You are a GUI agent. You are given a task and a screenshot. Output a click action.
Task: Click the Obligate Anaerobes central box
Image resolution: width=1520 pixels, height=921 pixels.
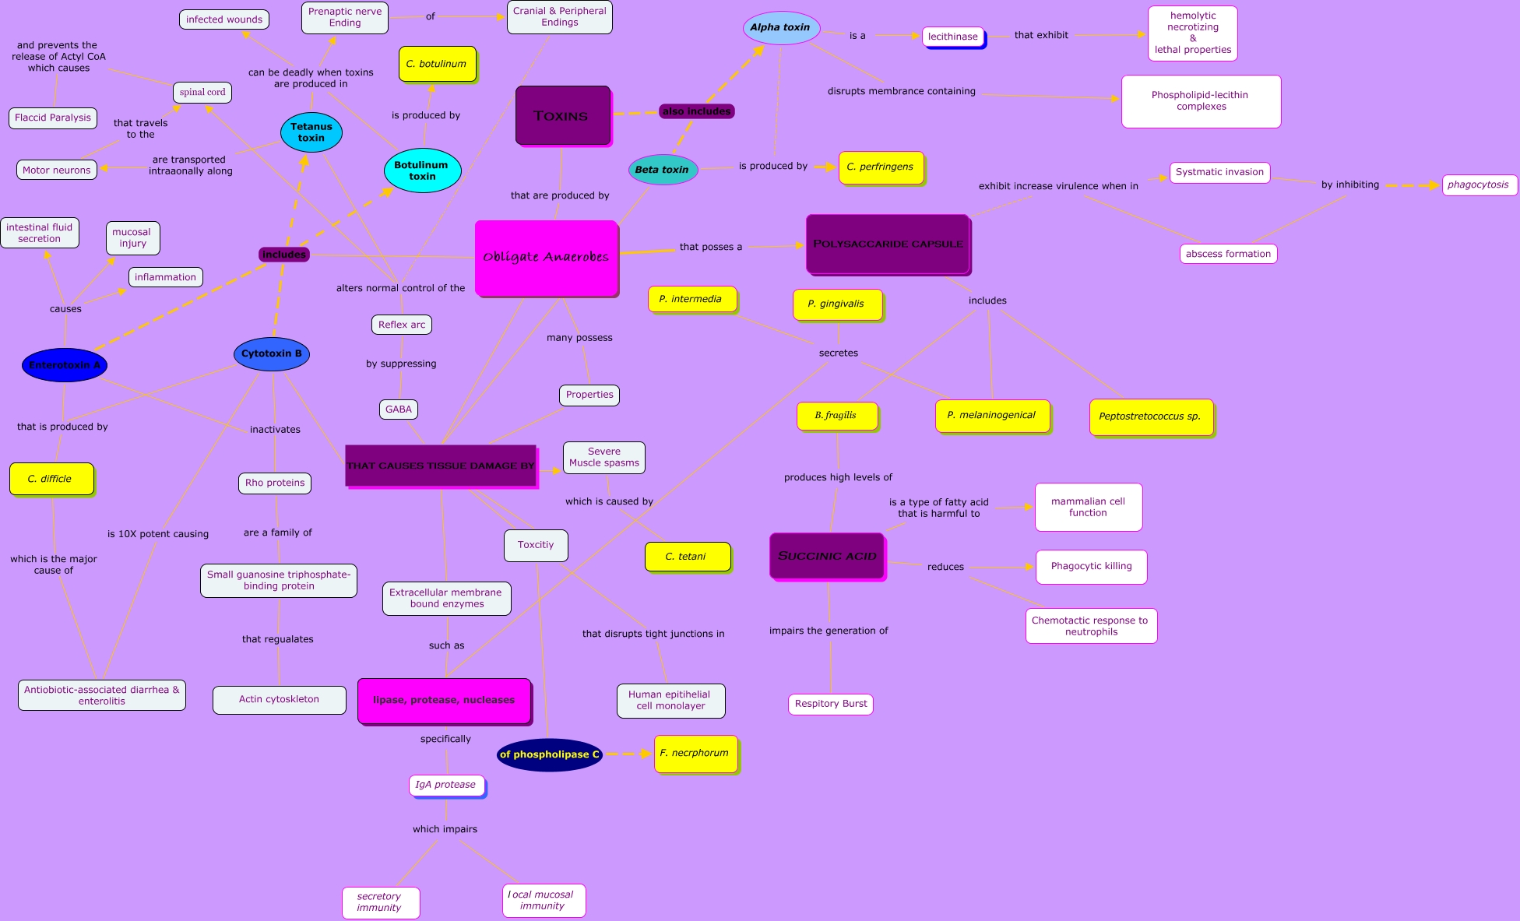[x=546, y=258]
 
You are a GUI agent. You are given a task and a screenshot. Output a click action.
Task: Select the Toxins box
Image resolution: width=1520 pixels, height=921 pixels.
[x=562, y=115]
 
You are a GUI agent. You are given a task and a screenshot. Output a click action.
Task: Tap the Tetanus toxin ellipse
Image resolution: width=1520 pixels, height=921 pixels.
[x=311, y=132]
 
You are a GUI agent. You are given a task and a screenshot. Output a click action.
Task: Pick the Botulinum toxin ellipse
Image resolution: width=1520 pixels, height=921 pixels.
[x=422, y=170]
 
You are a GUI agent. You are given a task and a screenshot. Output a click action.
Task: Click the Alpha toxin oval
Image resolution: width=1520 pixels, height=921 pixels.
[x=780, y=28]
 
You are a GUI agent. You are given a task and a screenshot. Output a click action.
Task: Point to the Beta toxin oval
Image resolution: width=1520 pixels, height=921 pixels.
[x=663, y=170]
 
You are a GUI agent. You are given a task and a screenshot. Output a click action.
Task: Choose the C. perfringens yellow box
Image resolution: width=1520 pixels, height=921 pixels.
[x=881, y=167]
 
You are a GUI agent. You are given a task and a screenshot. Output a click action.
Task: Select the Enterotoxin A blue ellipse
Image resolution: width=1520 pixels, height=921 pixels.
[x=65, y=365]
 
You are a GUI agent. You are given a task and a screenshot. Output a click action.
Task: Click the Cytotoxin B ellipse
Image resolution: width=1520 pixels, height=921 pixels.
[x=272, y=353]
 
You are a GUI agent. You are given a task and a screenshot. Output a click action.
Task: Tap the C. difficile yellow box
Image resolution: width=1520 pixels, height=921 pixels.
[x=51, y=479]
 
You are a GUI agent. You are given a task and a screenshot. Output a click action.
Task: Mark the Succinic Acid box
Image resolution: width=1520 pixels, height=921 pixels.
[x=827, y=556]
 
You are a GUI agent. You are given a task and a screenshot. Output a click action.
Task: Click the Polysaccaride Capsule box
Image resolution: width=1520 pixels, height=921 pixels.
[x=888, y=244]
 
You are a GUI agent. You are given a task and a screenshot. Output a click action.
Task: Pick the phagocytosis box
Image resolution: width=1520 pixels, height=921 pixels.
[x=1479, y=185]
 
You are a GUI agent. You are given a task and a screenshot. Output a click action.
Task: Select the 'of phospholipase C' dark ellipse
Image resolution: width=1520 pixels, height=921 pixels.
[x=550, y=754]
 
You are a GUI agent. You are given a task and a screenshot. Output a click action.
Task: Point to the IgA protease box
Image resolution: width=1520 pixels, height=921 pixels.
[x=446, y=785]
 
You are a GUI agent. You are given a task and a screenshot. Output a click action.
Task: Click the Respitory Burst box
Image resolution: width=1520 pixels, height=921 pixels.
[x=831, y=704]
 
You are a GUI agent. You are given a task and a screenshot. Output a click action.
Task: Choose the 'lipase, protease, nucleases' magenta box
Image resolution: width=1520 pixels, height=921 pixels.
[x=444, y=700]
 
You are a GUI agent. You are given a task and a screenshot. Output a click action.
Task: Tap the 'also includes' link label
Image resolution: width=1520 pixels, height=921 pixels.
[x=697, y=111]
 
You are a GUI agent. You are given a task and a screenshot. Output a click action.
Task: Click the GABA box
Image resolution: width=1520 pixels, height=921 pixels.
[x=399, y=410]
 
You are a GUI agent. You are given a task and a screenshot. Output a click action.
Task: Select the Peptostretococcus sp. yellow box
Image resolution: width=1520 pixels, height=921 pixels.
[x=1150, y=417]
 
